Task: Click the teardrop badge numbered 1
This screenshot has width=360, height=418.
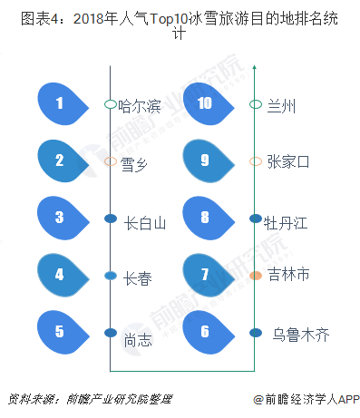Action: coord(62,104)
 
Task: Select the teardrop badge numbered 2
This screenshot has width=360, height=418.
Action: coord(62,161)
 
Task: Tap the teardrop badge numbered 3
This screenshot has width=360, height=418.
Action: coord(62,218)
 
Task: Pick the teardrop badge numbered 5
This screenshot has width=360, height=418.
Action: coord(62,275)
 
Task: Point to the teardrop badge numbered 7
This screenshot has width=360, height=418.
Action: coord(207,275)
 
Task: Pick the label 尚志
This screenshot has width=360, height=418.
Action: coord(136,340)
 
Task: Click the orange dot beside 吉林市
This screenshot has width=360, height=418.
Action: coord(256,275)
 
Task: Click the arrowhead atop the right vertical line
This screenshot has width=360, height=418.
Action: coord(256,65)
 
